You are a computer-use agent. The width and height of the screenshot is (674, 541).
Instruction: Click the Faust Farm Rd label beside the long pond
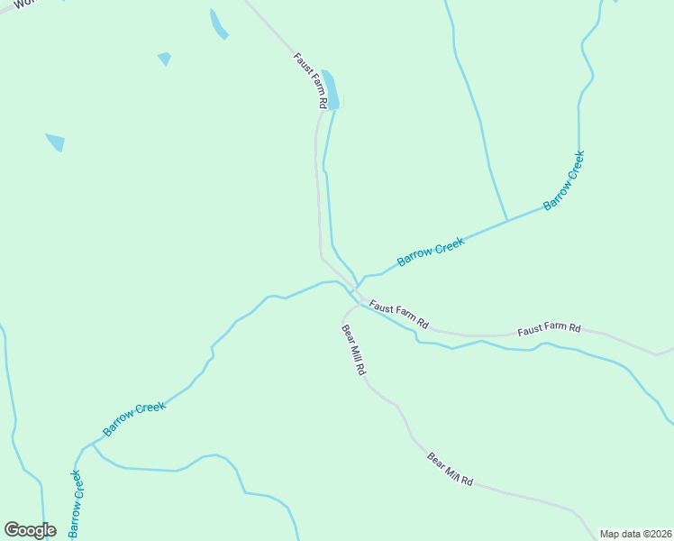point(308,80)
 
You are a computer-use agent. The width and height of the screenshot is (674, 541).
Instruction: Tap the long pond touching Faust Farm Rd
point(331,88)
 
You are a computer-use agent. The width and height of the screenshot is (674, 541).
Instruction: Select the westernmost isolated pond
point(56,142)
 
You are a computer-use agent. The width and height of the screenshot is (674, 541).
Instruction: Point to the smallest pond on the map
point(164,59)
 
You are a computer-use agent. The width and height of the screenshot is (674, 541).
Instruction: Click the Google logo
point(30,530)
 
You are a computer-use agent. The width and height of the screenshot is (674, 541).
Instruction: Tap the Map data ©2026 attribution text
point(635,534)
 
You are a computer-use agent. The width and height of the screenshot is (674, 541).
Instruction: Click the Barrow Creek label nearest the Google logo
point(77,503)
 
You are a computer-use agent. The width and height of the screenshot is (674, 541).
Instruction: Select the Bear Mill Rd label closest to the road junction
point(353,350)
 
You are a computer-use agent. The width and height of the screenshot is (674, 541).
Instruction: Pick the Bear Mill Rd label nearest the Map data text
point(451,469)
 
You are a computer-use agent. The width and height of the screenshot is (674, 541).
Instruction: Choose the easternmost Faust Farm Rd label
point(549,330)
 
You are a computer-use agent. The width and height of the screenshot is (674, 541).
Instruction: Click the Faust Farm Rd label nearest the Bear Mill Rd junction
point(398,313)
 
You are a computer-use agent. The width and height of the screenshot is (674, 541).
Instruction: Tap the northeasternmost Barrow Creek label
point(564,180)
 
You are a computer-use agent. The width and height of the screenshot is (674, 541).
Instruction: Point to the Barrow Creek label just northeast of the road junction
point(431,251)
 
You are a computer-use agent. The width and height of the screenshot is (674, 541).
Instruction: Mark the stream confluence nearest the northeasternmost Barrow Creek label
point(507,220)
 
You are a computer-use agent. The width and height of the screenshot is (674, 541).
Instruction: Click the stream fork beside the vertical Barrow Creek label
point(92,444)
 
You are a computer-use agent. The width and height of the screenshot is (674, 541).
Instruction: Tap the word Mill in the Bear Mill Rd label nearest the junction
point(354,351)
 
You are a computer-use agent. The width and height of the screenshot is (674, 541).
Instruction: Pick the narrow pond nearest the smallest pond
point(218,24)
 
